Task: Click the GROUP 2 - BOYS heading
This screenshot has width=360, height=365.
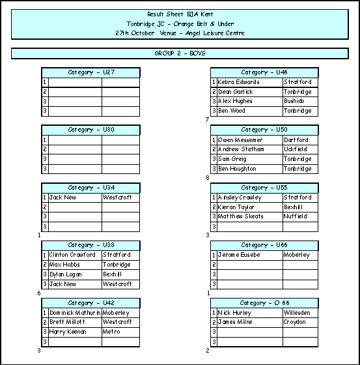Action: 180,53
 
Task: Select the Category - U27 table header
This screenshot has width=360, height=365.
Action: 91,72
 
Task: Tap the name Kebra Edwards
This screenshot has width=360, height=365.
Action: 238,82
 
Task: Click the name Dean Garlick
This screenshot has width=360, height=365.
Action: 236,92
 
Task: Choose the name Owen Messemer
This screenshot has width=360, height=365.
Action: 240,140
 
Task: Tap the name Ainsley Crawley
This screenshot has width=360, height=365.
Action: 240,197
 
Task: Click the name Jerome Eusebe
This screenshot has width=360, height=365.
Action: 239,255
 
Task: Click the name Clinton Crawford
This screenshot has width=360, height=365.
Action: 72,255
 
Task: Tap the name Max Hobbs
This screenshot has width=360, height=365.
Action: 64,265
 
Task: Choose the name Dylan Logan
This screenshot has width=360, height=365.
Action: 65,274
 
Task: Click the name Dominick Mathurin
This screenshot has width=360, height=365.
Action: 75,313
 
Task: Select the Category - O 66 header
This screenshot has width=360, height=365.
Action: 264,303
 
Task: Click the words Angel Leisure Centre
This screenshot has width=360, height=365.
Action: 215,33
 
